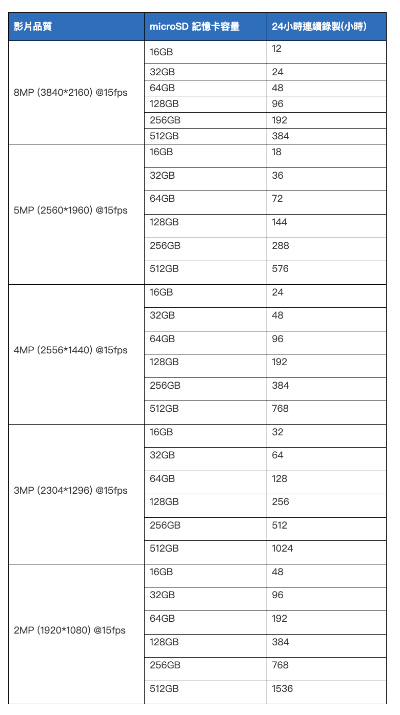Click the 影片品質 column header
33,27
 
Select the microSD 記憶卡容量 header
194,27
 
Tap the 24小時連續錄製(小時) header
319,27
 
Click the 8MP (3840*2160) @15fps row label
71,93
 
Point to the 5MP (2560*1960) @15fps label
71,211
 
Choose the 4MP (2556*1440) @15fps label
71,350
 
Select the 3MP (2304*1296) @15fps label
71,491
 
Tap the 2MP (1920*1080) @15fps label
70,630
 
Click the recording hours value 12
277,49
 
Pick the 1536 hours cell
283,688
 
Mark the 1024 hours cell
283,549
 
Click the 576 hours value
281,268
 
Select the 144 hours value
280,222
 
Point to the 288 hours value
281,245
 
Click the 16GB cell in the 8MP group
162,52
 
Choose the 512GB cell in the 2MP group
164,688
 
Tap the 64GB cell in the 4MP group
162,339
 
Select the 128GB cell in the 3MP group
164,502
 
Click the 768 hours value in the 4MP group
281,408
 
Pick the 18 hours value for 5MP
277,152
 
